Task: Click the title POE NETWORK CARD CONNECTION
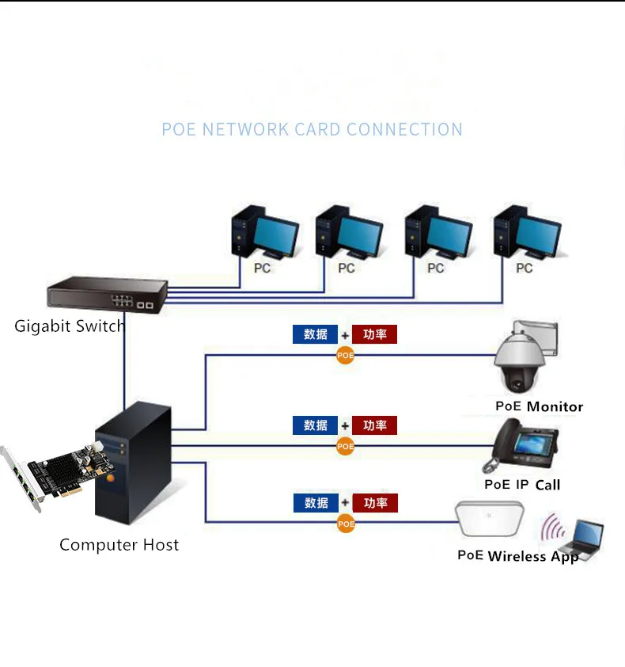pos(312,130)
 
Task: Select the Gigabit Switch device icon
pos(108,294)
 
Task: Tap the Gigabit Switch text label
pos(70,326)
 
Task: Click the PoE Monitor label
pos(539,406)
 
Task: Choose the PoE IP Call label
pos(522,485)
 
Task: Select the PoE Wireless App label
pos(518,556)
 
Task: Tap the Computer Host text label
pos(119,545)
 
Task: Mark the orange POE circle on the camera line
pos(345,356)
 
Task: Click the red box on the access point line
pos(375,503)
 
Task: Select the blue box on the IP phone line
pos(315,425)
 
